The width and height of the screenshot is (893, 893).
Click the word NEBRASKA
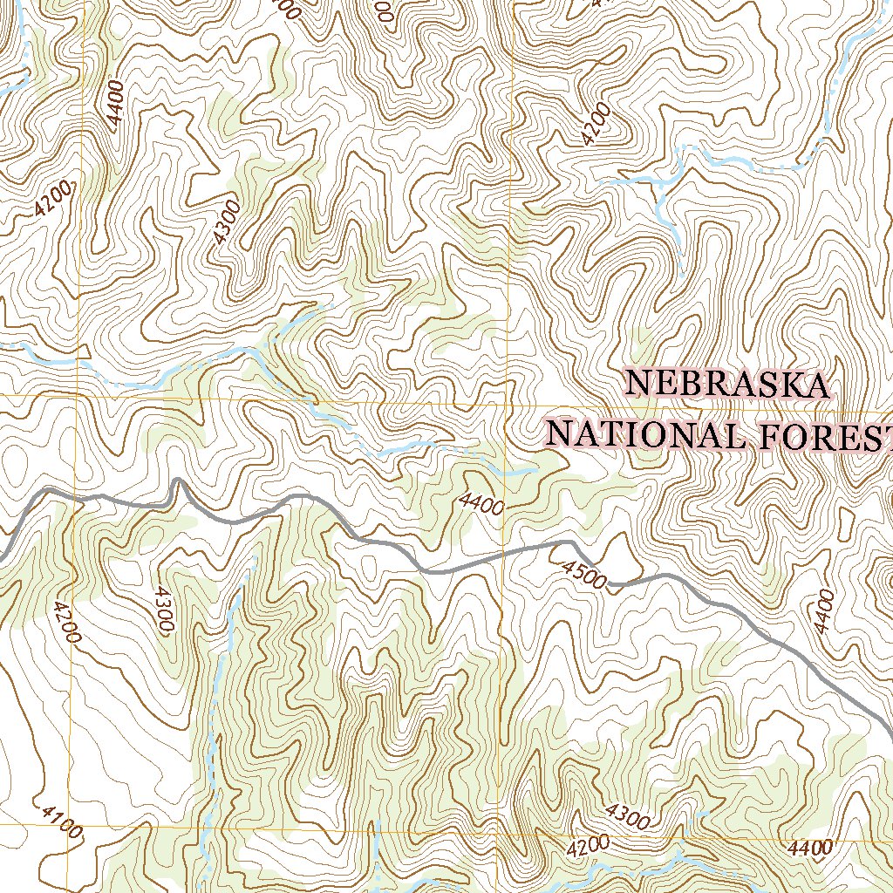point(727,385)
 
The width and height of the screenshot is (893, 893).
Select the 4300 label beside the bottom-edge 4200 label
point(627,817)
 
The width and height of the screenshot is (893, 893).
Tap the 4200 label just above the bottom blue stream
point(587,845)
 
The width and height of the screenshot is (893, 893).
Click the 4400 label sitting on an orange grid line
point(808,847)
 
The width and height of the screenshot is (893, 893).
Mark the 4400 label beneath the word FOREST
point(823,610)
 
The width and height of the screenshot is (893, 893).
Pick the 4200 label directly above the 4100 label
point(66,622)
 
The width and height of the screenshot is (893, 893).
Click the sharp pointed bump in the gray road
point(178,481)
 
